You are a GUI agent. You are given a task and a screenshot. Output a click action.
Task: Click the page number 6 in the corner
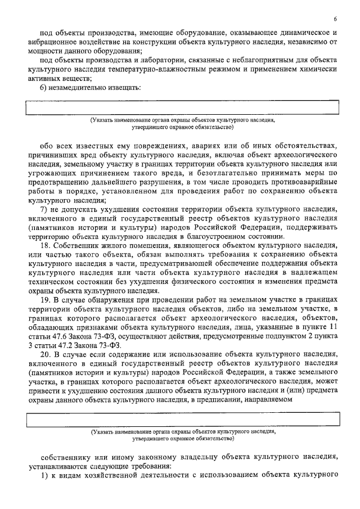[335, 19]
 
